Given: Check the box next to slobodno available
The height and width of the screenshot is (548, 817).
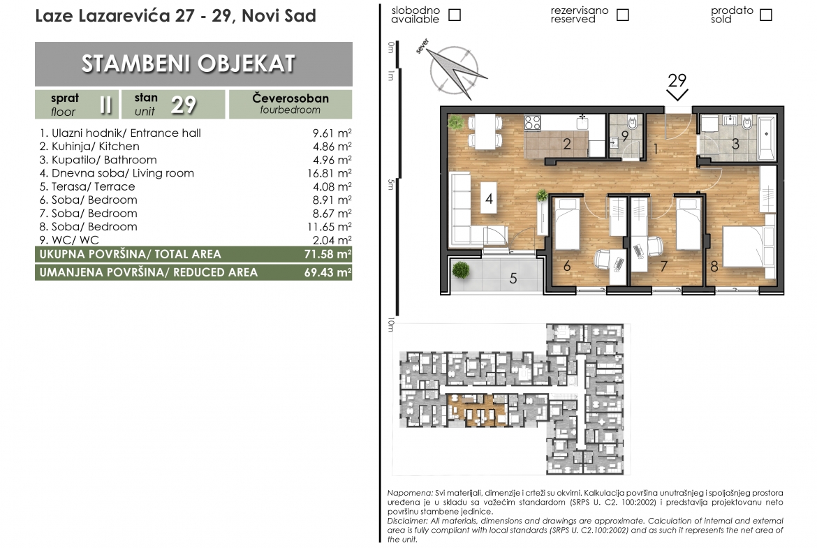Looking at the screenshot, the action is coord(455,15).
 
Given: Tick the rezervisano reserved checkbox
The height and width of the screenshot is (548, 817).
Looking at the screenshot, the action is coord(622,15).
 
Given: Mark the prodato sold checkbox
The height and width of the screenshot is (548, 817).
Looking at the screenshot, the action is coord(765,15).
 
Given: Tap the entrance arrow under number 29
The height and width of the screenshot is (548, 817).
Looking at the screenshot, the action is coord(677,95).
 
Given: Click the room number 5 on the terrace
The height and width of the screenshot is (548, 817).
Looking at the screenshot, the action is coord(513,279).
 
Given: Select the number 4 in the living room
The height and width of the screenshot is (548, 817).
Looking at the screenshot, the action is coord(489,198).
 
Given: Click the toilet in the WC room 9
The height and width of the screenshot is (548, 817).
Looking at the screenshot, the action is coord(633,124).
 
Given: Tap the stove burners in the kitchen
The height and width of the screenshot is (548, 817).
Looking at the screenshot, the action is coord(532,123).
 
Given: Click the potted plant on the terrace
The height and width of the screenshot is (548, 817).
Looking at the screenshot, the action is coord(461,270).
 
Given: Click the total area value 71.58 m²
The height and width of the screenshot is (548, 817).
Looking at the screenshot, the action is coord(327,254).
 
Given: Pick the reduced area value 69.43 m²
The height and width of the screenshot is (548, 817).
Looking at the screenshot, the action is coord(327,272).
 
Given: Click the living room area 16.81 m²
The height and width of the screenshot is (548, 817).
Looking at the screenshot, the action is coord(330,173).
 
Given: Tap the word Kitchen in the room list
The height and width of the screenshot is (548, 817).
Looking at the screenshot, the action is coord(121,147).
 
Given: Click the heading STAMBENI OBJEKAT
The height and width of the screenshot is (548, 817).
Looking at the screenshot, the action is coord(189,64).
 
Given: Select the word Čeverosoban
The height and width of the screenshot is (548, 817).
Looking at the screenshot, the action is coord(290,98).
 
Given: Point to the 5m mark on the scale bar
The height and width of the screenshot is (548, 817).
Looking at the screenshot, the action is coord(391,184).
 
